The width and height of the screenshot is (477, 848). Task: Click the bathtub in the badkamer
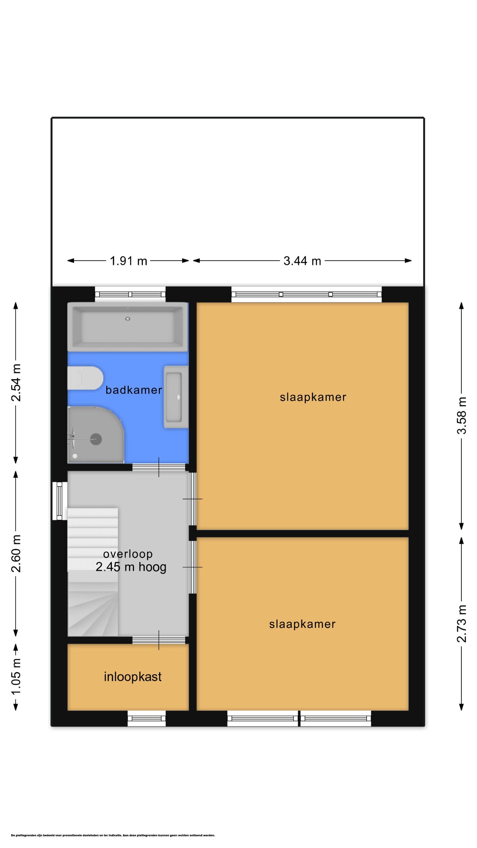128,327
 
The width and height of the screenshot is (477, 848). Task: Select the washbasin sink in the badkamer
176,397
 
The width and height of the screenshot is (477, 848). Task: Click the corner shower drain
96,439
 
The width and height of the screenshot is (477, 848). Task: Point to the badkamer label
134,390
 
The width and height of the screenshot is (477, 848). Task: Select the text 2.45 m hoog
131,567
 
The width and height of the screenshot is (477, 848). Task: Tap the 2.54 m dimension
16,382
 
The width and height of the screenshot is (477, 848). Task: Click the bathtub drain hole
128,319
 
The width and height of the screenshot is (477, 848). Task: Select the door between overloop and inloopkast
159,640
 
